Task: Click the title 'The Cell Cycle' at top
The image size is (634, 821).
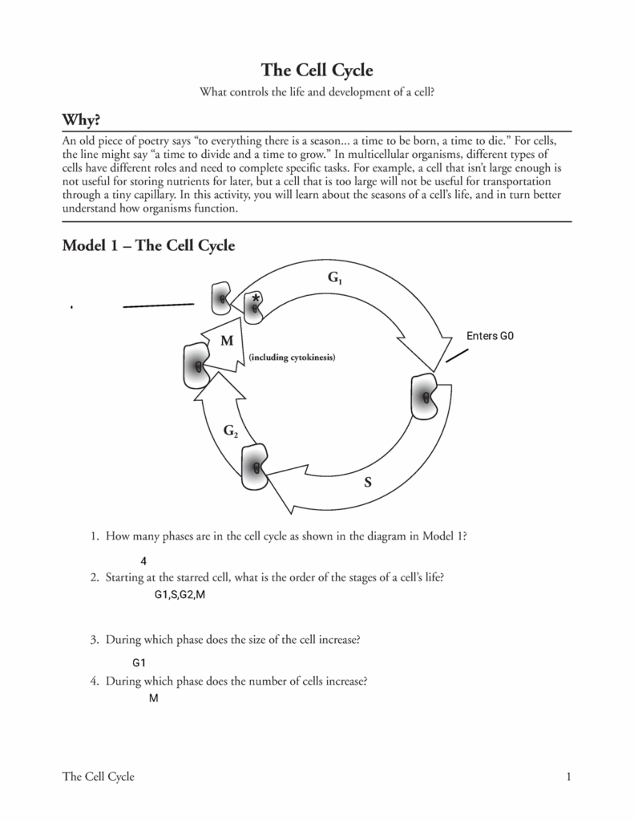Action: [x=317, y=70]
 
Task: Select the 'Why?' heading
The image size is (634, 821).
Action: [x=81, y=119]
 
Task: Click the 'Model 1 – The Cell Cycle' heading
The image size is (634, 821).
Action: [x=148, y=246]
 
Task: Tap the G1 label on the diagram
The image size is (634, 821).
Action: [x=334, y=279]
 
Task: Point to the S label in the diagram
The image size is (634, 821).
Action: [x=368, y=482]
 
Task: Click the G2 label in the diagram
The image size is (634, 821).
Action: [x=230, y=431]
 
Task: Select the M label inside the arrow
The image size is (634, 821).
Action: [x=227, y=341]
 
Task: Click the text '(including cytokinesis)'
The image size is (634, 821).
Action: [x=291, y=357]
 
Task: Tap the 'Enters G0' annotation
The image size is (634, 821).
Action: [x=489, y=336]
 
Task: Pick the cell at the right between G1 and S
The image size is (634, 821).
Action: [x=425, y=396]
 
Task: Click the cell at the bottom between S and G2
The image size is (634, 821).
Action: [x=256, y=467]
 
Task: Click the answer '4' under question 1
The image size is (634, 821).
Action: [x=143, y=561]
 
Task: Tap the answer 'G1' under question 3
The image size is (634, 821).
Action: [x=139, y=663]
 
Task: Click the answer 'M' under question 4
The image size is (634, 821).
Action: [x=153, y=698]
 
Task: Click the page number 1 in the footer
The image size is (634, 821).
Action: [x=567, y=776]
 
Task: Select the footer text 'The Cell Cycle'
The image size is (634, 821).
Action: [x=98, y=776]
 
